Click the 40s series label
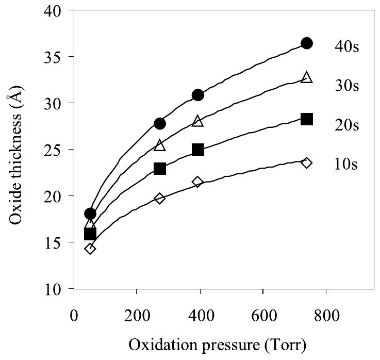click(x=345, y=46)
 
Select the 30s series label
click(x=345, y=85)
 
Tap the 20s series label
click(x=345, y=125)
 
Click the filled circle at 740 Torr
click(x=307, y=43)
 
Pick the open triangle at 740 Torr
click(x=307, y=77)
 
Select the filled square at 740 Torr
click(x=307, y=119)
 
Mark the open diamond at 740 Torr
click(x=307, y=163)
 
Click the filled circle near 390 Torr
click(x=198, y=95)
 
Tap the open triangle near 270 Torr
click(x=160, y=146)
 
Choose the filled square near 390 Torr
click(x=198, y=150)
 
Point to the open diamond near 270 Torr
click(x=160, y=198)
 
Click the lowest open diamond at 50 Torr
click(x=90, y=249)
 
